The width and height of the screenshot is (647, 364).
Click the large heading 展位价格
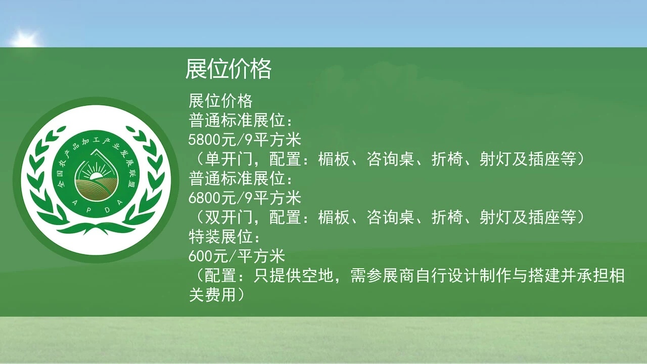point(228,69)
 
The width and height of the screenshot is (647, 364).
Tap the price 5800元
point(212,140)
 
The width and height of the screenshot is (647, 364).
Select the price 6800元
point(212,198)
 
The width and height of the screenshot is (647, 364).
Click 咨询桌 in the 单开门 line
point(391,159)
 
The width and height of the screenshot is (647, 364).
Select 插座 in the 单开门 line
point(543,159)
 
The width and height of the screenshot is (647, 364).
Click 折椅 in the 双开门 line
point(447,217)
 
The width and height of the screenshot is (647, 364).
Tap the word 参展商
point(391,276)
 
